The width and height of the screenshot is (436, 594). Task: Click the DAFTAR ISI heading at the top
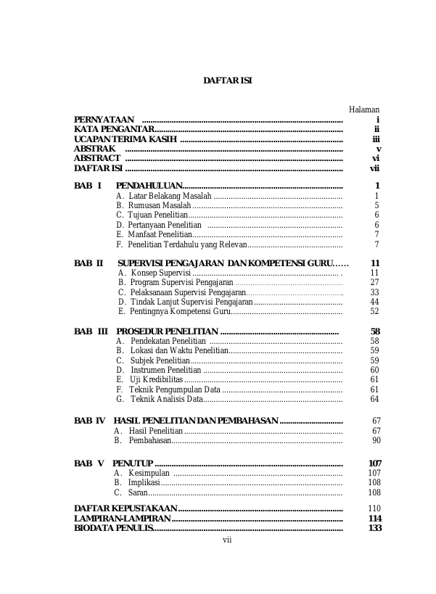227,80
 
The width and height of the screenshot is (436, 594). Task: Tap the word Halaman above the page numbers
364,109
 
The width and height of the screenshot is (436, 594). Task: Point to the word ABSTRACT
97,158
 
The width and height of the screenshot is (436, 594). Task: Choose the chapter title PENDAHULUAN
149,186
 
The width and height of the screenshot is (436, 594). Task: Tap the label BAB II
89,263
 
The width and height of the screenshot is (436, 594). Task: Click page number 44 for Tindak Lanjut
374,302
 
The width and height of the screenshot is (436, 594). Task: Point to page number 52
374,311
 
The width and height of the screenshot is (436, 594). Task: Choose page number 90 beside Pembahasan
376,440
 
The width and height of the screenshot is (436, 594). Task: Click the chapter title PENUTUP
132,463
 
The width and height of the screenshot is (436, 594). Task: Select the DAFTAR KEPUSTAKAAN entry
126,508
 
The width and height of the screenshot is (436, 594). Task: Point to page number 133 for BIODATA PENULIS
374,528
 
